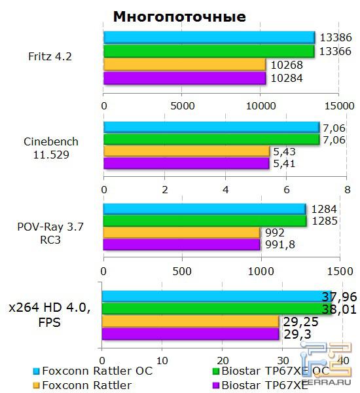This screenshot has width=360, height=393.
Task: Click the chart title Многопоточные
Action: click(x=179, y=16)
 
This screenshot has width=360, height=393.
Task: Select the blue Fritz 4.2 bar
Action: click(x=209, y=37)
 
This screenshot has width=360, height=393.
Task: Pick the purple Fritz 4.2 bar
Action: click(x=185, y=78)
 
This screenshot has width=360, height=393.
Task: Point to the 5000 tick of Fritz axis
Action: click(x=182, y=105)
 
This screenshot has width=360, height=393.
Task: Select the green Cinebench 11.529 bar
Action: click(x=211, y=139)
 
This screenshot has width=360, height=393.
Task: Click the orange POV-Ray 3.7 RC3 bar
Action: click(x=181, y=232)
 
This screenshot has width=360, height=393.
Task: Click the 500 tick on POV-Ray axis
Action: click(x=182, y=271)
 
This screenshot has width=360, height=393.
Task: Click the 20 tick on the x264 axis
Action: click(x=223, y=361)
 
